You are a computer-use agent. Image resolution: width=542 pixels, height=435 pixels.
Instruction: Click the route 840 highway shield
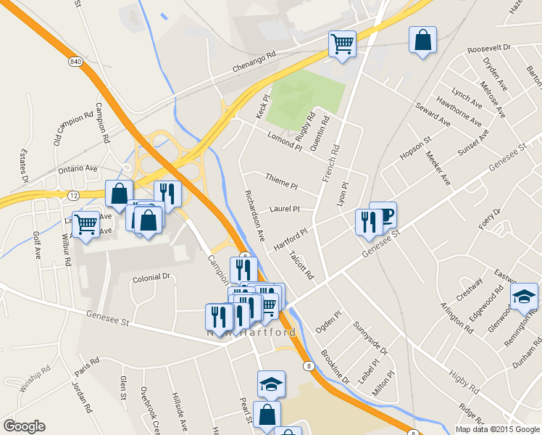75,62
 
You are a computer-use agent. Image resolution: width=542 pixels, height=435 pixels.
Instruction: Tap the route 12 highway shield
74,196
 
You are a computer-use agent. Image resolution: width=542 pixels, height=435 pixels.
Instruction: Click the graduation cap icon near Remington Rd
524,296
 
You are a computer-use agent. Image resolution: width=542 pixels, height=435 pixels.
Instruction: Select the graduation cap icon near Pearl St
271,384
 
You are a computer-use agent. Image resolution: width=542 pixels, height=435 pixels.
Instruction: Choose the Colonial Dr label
151,277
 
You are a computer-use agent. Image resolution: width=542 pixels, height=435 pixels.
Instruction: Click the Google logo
24,426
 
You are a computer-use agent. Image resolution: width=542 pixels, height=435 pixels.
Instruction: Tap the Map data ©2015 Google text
496,429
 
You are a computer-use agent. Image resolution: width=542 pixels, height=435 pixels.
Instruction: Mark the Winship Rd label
35,378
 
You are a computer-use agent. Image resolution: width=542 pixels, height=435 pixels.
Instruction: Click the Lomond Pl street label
284,141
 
